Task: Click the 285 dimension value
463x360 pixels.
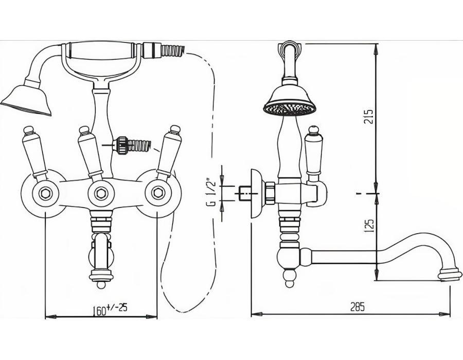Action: (x=358, y=307)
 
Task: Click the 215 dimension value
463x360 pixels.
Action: (x=369, y=117)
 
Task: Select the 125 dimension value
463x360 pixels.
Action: (x=369, y=225)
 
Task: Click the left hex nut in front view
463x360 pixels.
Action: (x=45, y=193)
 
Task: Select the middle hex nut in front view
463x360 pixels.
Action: (x=101, y=193)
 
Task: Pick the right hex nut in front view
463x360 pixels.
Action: (x=157, y=193)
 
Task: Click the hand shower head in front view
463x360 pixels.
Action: (x=26, y=99)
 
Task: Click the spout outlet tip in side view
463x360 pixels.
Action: (x=450, y=275)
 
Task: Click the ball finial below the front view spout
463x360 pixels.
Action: (x=101, y=285)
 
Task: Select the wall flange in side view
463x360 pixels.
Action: (x=256, y=193)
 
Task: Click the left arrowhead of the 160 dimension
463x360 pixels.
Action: (x=51, y=317)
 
